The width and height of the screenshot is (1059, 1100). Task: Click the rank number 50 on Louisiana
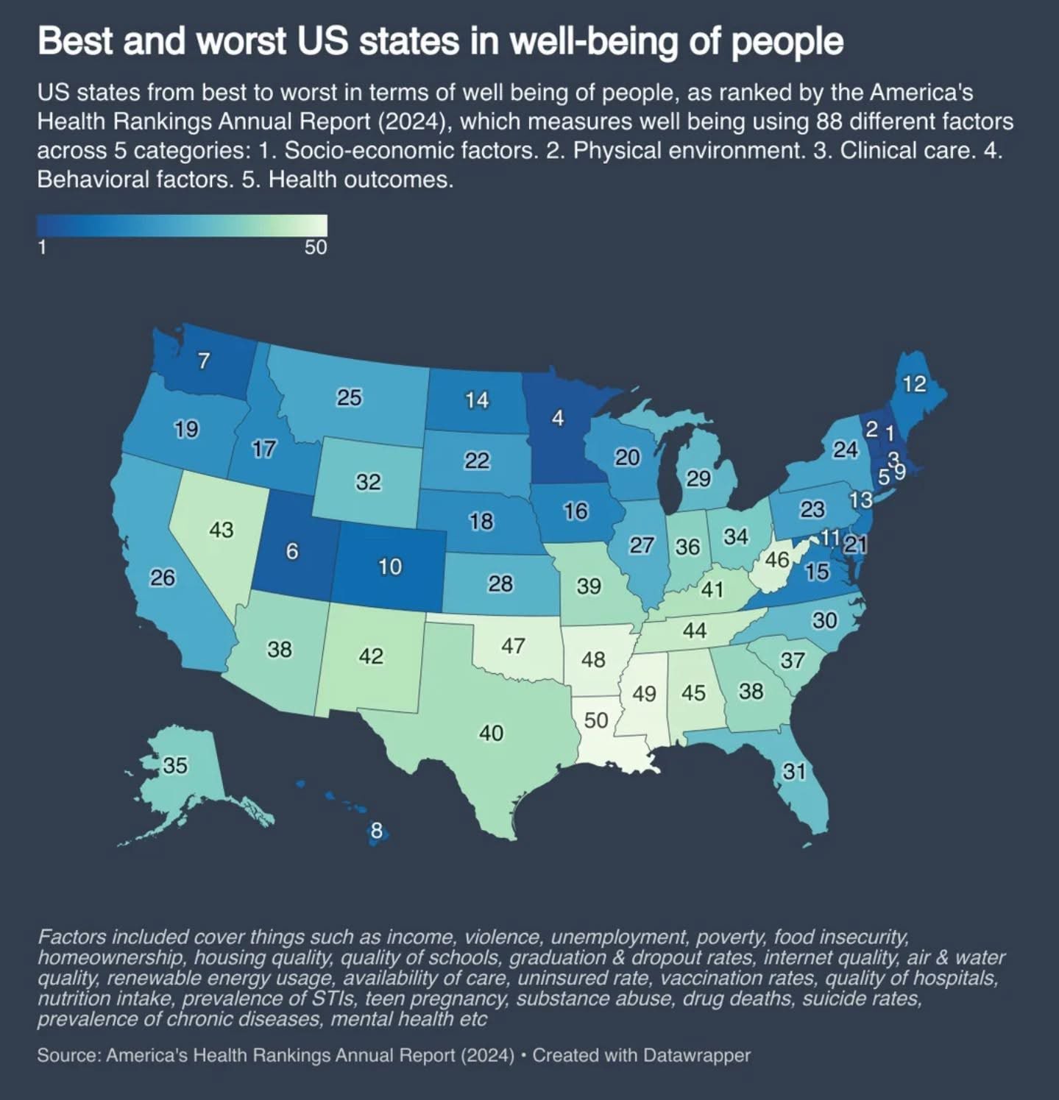coord(596,720)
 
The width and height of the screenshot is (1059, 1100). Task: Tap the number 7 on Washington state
coord(204,361)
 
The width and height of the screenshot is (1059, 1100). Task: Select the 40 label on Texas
coord(491,733)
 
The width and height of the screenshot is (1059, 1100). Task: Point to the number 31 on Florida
coord(794,771)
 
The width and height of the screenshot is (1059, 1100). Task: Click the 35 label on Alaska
coord(175,765)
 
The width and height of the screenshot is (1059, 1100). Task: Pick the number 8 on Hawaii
coord(376,831)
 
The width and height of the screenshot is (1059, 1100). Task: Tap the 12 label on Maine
coord(914,383)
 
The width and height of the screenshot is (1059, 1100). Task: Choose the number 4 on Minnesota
coord(558,418)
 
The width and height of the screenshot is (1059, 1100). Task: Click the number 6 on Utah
coord(292,551)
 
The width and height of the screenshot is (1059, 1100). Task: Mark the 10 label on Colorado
coord(390,567)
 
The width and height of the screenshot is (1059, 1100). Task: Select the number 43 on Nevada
coord(222,530)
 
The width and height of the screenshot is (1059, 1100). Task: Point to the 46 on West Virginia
coord(777,561)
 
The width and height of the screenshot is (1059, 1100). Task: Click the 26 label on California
coord(163,578)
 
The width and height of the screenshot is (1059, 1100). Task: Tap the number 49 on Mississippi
coord(644,694)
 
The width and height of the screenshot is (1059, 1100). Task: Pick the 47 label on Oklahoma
coord(513,646)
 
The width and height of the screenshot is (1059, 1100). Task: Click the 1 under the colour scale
coord(42,247)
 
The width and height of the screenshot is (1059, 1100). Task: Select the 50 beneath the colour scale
coord(316,247)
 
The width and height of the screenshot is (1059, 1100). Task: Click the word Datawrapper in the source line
coord(696,1055)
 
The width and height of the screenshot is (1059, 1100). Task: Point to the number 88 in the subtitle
coord(828,121)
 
